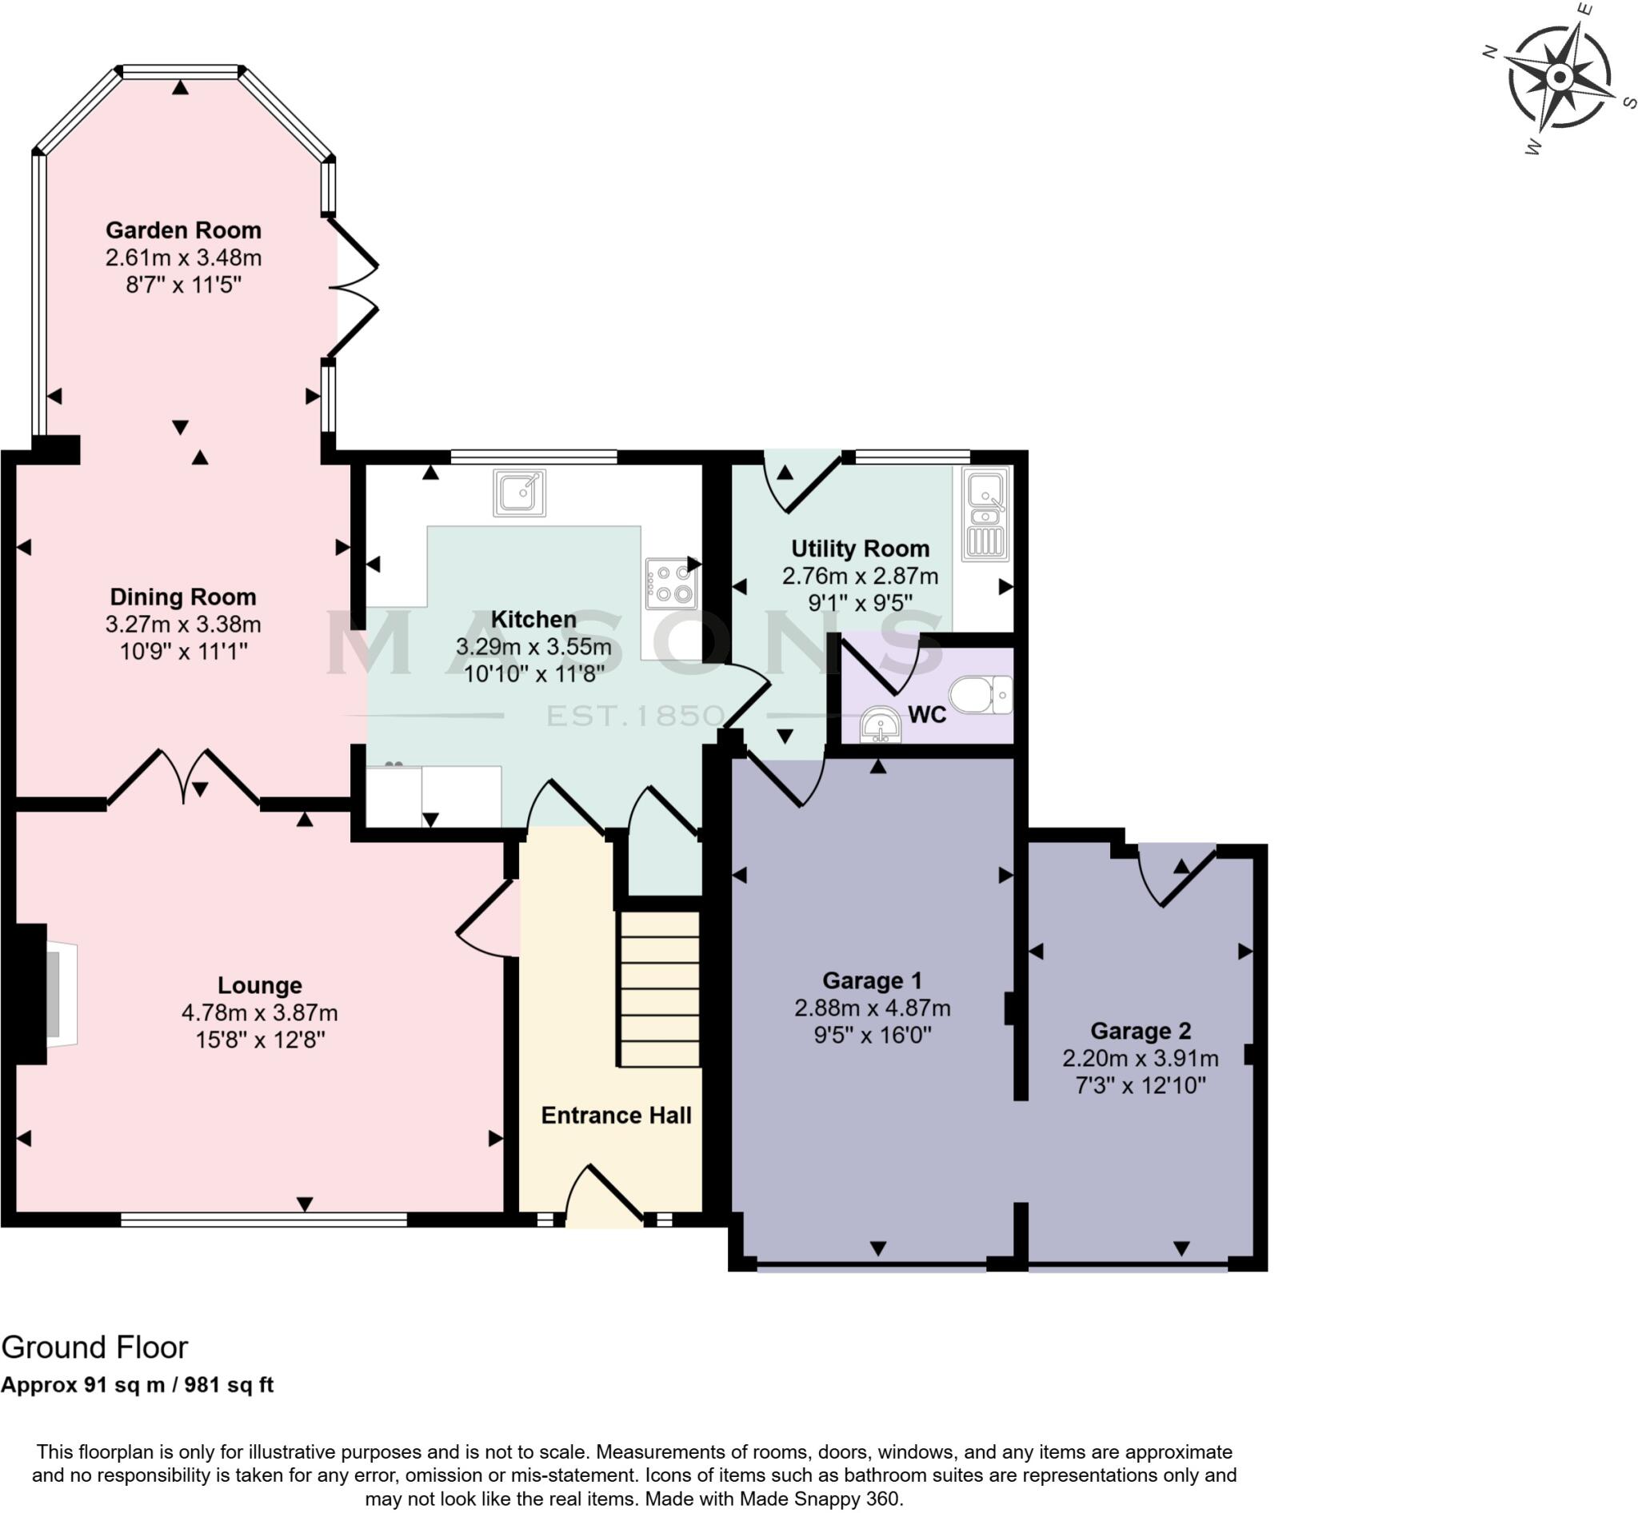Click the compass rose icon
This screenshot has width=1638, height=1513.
click(1560, 78)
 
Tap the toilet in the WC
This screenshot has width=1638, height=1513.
click(981, 695)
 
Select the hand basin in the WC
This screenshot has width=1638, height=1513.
click(881, 725)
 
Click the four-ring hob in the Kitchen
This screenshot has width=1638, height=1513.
click(671, 584)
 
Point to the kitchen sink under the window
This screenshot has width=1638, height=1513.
click(519, 493)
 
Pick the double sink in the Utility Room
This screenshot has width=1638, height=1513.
click(985, 514)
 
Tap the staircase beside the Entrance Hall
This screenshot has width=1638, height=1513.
click(659, 990)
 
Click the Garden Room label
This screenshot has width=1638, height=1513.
click(183, 230)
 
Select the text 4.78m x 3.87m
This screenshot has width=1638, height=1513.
click(260, 1012)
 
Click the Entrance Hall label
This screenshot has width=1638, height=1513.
click(616, 1115)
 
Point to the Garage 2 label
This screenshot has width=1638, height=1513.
click(1140, 1031)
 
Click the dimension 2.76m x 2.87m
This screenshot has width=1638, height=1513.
click(860, 576)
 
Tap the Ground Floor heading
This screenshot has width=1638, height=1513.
click(95, 1347)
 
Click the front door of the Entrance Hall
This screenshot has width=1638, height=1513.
click(605, 1198)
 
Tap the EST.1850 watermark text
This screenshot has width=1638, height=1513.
click(635, 716)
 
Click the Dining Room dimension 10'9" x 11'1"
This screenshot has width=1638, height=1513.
click(183, 652)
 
